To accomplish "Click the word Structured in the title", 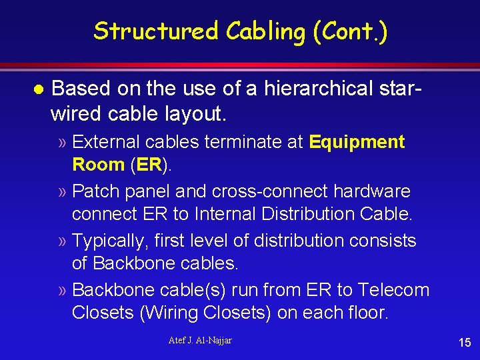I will click(155, 31).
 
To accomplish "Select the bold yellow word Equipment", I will click(357, 142).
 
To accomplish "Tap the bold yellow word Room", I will click(98, 164).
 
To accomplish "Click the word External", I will click(111, 142).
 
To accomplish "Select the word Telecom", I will click(393, 290).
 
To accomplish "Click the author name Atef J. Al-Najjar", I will click(200, 341).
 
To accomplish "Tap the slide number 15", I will click(465, 343).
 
